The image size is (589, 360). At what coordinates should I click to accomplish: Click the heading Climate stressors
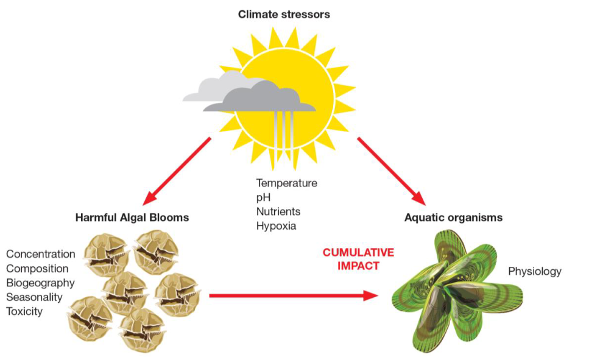284,14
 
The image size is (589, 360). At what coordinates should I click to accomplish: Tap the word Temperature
287,183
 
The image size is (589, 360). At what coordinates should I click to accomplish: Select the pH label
263,197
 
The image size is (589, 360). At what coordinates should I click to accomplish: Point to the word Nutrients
278,211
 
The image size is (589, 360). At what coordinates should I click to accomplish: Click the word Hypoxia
276,226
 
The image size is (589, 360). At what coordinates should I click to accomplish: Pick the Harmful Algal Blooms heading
132,217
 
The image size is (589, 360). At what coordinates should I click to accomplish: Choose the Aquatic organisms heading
453,217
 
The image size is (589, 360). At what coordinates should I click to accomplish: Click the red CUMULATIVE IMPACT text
358,259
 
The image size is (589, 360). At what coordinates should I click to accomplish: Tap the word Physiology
535,271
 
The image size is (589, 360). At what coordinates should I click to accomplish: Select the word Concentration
41,254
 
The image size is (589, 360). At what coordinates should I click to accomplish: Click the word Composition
37,269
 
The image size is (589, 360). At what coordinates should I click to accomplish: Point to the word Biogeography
40,283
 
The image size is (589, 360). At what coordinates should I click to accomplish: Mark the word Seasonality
34,297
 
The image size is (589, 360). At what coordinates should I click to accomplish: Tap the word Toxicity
24,311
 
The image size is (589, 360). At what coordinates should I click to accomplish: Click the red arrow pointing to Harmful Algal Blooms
177,171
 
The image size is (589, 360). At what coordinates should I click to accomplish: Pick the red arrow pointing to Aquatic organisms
392,171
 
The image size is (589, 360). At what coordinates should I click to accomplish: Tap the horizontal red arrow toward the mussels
294,296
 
